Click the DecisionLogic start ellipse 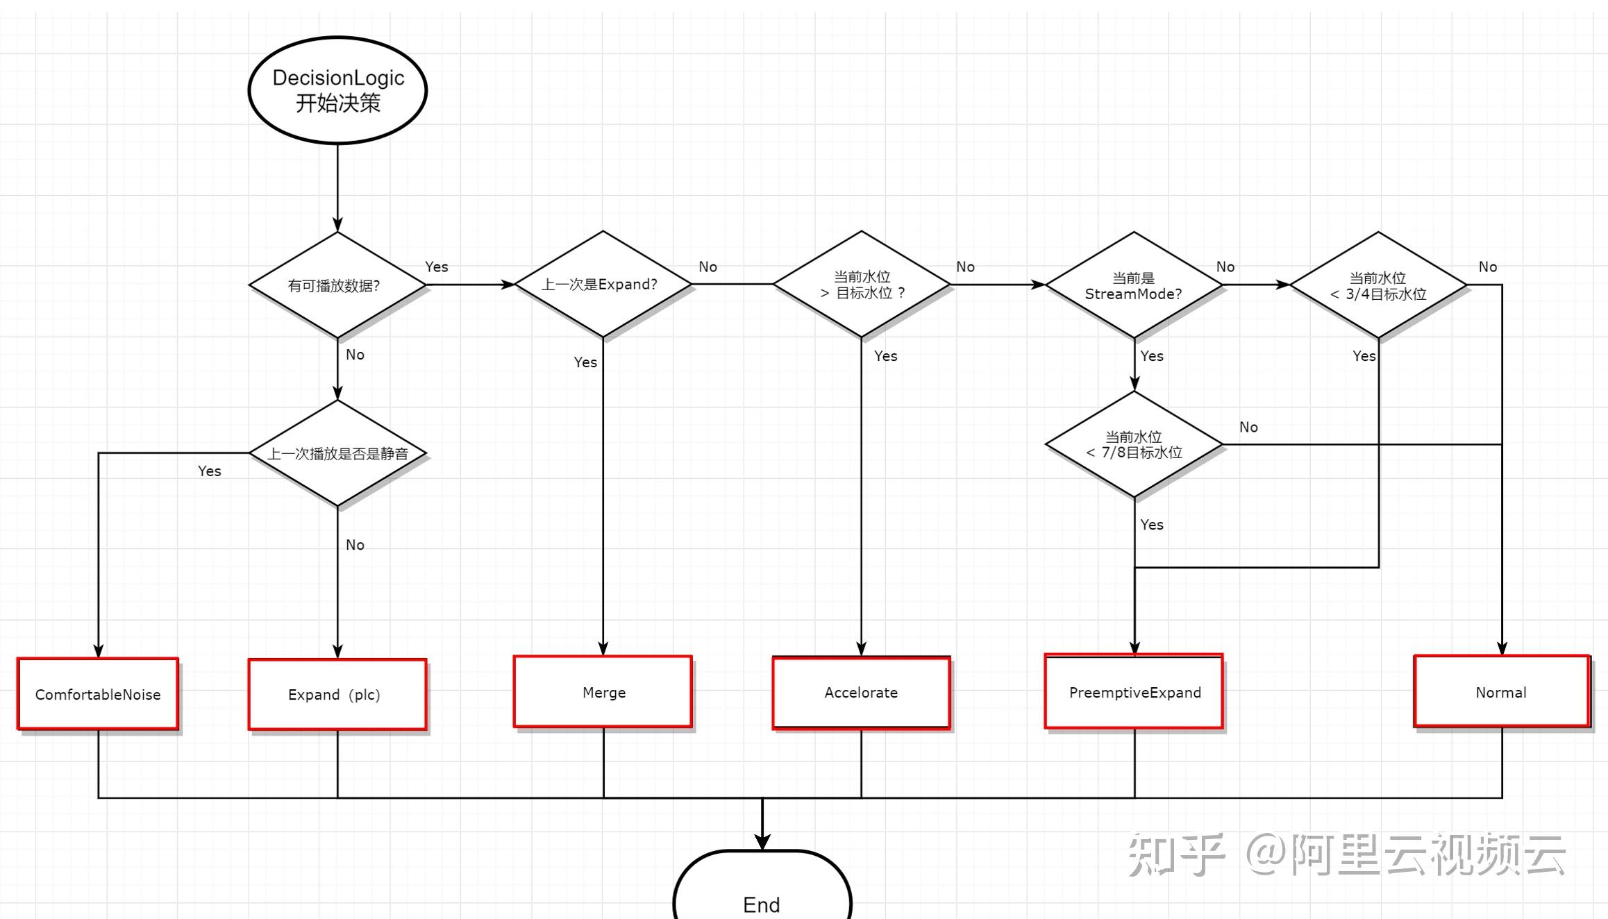coord(337,90)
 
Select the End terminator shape coord(762,892)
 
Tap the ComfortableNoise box coord(98,694)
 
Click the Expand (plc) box coord(337,694)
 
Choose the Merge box coord(603,692)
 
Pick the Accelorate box coord(861,693)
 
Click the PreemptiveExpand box coord(1134,692)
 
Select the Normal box coord(1501,692)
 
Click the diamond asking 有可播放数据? coord(337,285)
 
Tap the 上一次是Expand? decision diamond coord(603,285)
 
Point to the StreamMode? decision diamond coord(1134,285)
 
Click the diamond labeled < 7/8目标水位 coord(1134,444)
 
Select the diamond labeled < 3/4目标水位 coord(1378,285)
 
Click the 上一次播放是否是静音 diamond coord(337,453)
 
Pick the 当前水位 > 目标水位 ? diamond coord(862,285)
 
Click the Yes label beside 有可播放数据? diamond coord(437,267)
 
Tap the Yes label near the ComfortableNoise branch coord(209,471)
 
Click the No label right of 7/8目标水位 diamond coord(1248,427)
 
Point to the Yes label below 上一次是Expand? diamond coord(585,362)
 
